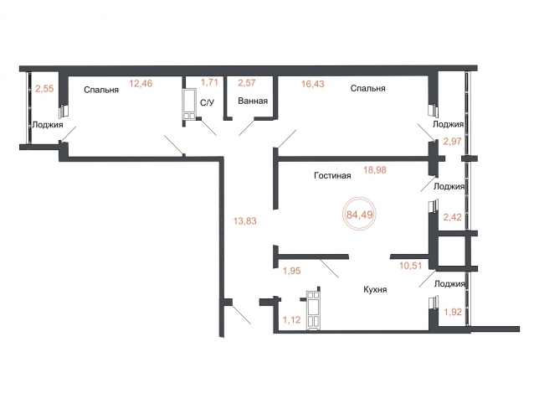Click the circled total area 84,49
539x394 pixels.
coord(360,215)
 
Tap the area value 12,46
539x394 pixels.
coord(141,83)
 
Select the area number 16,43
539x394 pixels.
coord(313,84)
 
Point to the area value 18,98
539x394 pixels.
coord(375,170)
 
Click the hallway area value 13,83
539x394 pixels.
coord(244,220)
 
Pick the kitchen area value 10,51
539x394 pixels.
coord(410,266)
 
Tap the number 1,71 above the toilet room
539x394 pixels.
coord(210,82)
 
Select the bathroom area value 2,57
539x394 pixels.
coord(247,83)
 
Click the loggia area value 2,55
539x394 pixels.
coord(44,89)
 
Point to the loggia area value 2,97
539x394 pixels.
coord(452,141)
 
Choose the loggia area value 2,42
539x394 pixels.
coord(452,217)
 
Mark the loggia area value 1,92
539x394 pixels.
coord(453,312)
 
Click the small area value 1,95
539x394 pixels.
coord(291,271)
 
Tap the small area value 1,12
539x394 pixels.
coord(291,320)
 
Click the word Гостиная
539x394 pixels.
coord(332,176)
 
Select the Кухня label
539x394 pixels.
coord(375,289)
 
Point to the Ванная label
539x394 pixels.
coord(253,101)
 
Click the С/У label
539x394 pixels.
coord(207,102)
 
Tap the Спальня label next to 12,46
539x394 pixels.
coord(101,90)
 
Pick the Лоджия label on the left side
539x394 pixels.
coord(48,125)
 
